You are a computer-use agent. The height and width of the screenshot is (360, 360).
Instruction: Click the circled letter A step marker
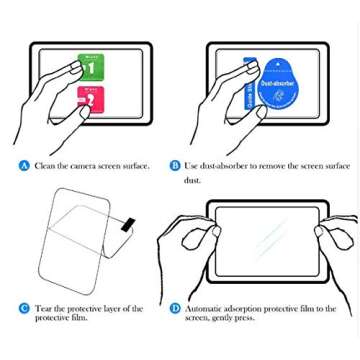(22, 164)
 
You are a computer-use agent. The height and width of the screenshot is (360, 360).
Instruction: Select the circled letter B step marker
(175, 164)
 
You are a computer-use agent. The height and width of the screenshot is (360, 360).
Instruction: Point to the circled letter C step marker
(22, 309)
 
